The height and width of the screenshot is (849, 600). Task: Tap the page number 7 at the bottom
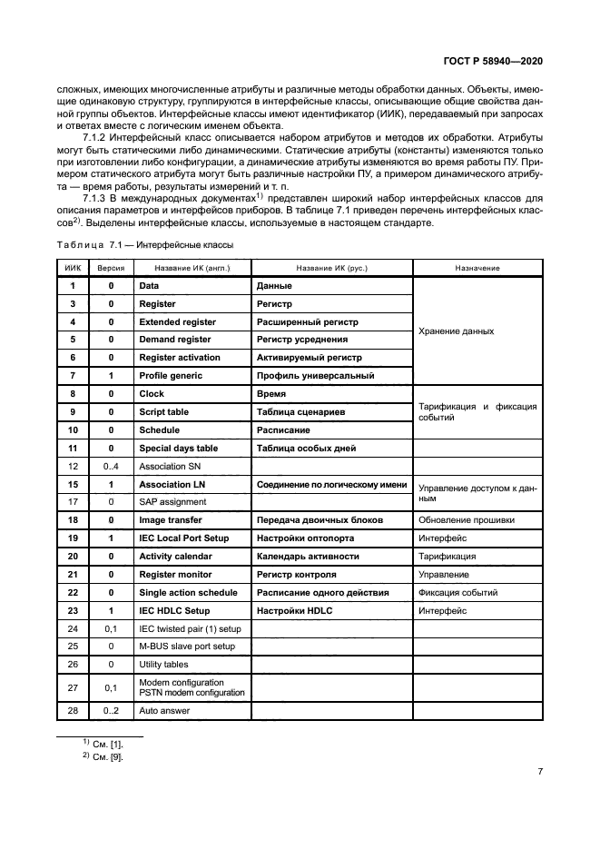pyautogui.click(x=539, y=772)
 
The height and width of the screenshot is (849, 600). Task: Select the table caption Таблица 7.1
pyautogui.click(x=144, y=245)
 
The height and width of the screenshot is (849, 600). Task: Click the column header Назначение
pyautogui.click(x=477, y=269)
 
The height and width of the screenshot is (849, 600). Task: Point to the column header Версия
pyautogui.click(x=111, y=269)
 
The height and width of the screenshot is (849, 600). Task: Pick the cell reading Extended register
pyautogui.click(x=177, y=321)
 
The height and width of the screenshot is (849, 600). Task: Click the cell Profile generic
pyautogui.click(x=171, y=376)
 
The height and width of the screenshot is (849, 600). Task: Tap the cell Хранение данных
pyautogui.click(x=456, y=331)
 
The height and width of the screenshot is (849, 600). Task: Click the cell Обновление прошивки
pyautogui.click(x=466, y=520)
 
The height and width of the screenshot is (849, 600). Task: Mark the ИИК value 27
pyautogui.click(x=73, y=687)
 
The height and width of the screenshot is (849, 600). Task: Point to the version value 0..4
pyautogui.click(x=111, y=466)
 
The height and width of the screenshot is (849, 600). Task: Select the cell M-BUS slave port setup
pyautogui.click(x=187, y=647)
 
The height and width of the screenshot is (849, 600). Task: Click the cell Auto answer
pyautogui.click(x=164, y=711)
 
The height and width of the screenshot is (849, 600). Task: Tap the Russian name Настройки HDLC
pyautogui.click(x=295, y=611)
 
